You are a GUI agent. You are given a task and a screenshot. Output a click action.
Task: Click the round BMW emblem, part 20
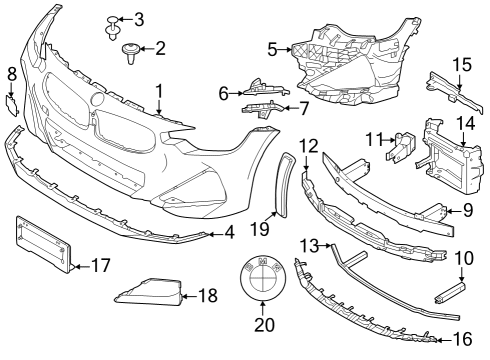pos(258,271)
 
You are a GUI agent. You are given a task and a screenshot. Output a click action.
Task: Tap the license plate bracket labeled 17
pos(43,243)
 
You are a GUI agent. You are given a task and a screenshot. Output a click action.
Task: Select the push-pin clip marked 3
pos(111,23)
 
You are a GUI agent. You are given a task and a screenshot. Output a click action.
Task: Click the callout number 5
pos(273,46)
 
